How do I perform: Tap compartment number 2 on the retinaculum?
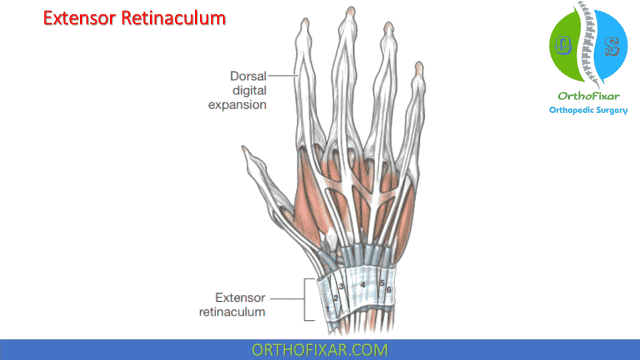pyautogui.click(x=336, y=297)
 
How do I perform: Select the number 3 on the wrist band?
pyautogui.click(x=341, y=286)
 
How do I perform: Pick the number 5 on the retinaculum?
pyautogui.click(x=382, y=283)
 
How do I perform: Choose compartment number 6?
pyautogui.click(x=389, y=289)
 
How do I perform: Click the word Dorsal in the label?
pyautogui.click(x=249, y=76)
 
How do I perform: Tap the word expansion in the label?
pyautogui.click(x=237, y=104)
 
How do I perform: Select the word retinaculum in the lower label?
pyautogui.click(x=232, y=312)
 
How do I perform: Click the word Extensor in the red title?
pyautogui.click(x=80, y=19)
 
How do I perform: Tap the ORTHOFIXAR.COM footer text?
pyautogui.click(x=319, y=349)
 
